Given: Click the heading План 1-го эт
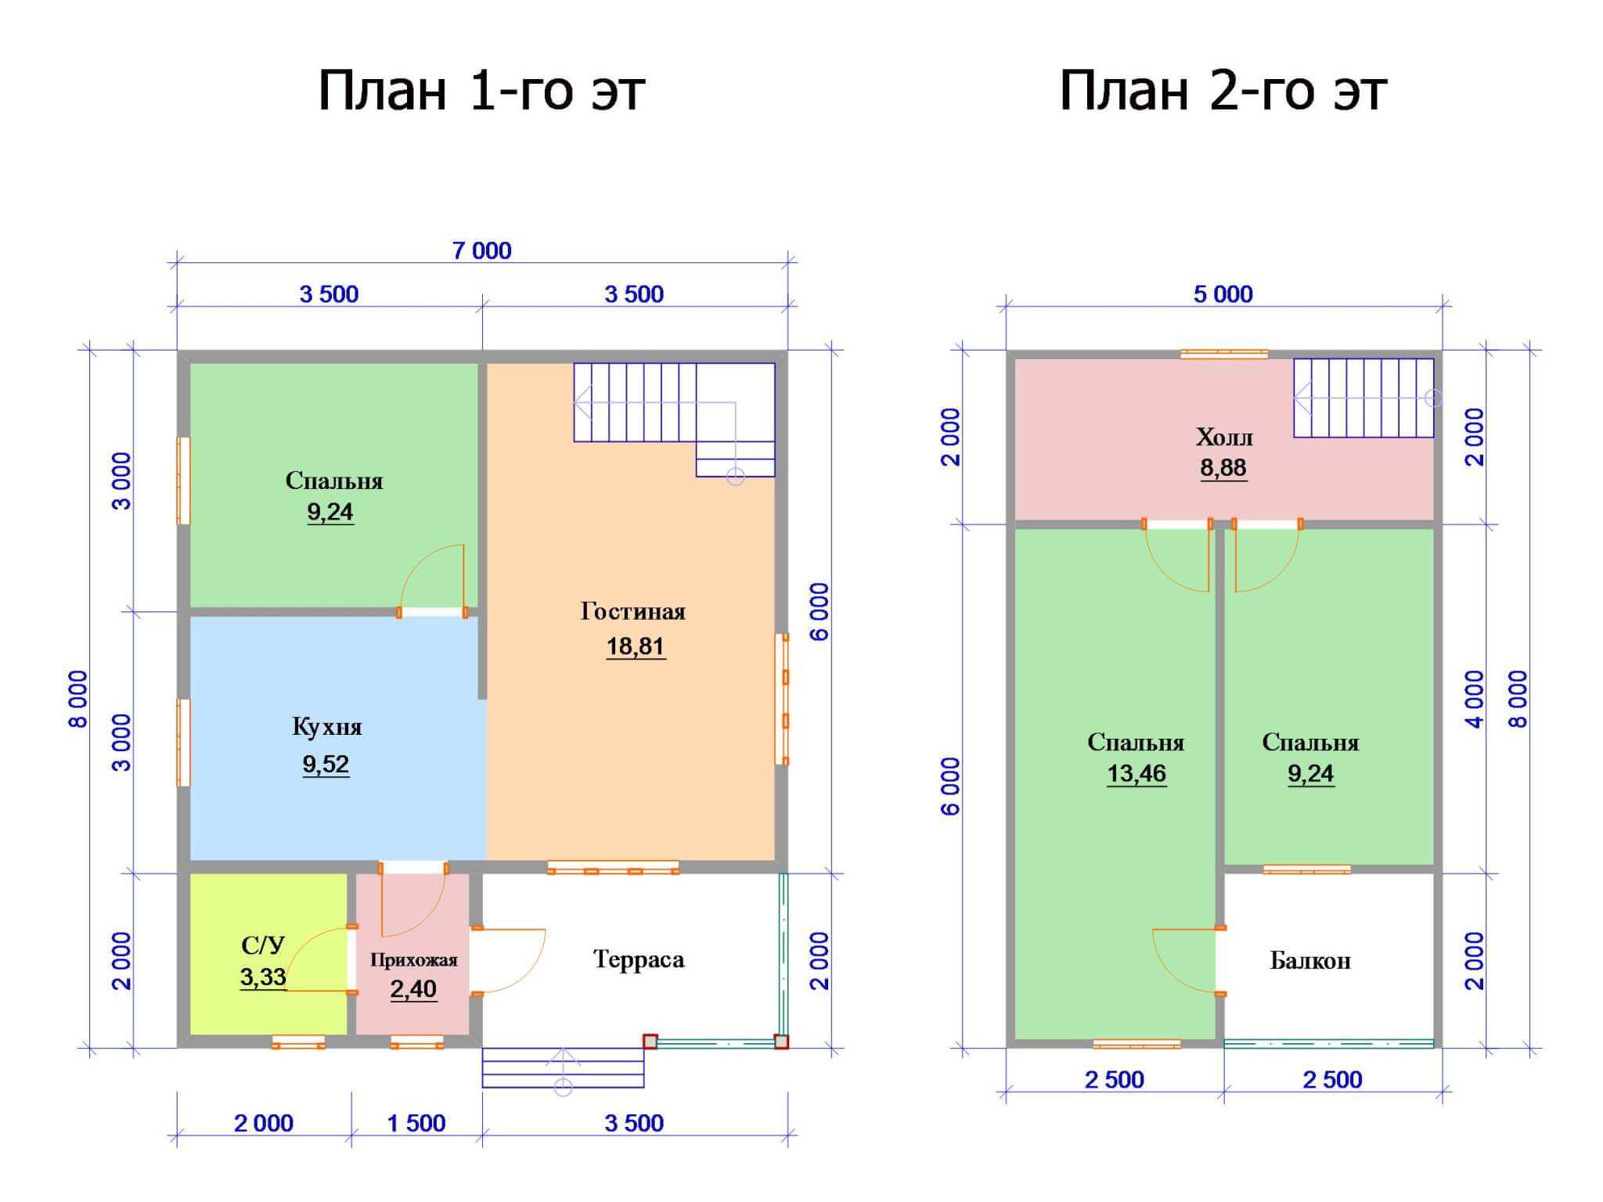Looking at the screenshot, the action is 481,91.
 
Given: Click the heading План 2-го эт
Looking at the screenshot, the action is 1223,91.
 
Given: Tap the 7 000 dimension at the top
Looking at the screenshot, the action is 482,250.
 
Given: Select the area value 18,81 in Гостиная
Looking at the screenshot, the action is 635,646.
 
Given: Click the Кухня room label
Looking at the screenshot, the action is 327,726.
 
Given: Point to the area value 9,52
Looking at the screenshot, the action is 326,764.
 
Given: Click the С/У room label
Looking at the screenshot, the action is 263,945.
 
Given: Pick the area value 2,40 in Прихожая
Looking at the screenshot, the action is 413,989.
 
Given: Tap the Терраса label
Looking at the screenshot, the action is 639,959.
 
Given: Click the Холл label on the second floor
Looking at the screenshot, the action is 1224,437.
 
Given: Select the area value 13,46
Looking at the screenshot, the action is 1137,773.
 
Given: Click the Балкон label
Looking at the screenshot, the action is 1310,960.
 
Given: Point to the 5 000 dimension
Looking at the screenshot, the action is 1223,294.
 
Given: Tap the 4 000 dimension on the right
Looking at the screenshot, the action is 1474,699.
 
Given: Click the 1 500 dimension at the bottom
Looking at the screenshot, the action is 416,1123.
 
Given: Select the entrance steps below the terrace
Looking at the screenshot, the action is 563,1067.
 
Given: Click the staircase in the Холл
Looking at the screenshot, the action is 1363,398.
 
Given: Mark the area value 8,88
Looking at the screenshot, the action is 1223,468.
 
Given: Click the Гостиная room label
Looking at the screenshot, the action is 633,611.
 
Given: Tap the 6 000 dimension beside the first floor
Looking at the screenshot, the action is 819,612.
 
